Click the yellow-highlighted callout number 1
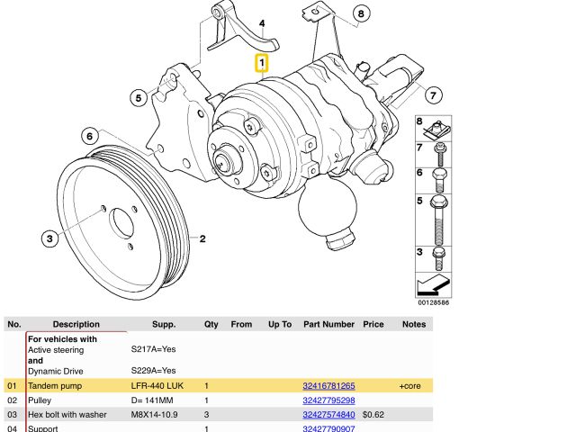coord(262,64)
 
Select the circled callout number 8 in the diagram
coord(360,13)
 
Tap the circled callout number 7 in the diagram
coord(433,94)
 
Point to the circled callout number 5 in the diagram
coord(138,97)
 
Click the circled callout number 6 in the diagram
coord(89,137)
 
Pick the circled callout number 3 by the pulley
coord(50,238)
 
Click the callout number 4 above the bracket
coord(262,23)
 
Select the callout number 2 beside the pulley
coord(203,239)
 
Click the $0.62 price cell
coord(373,415)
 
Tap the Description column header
coord(76,324)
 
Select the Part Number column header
coord(328,324)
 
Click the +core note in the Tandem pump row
coord(410,385)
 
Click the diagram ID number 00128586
coord(432,302)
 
